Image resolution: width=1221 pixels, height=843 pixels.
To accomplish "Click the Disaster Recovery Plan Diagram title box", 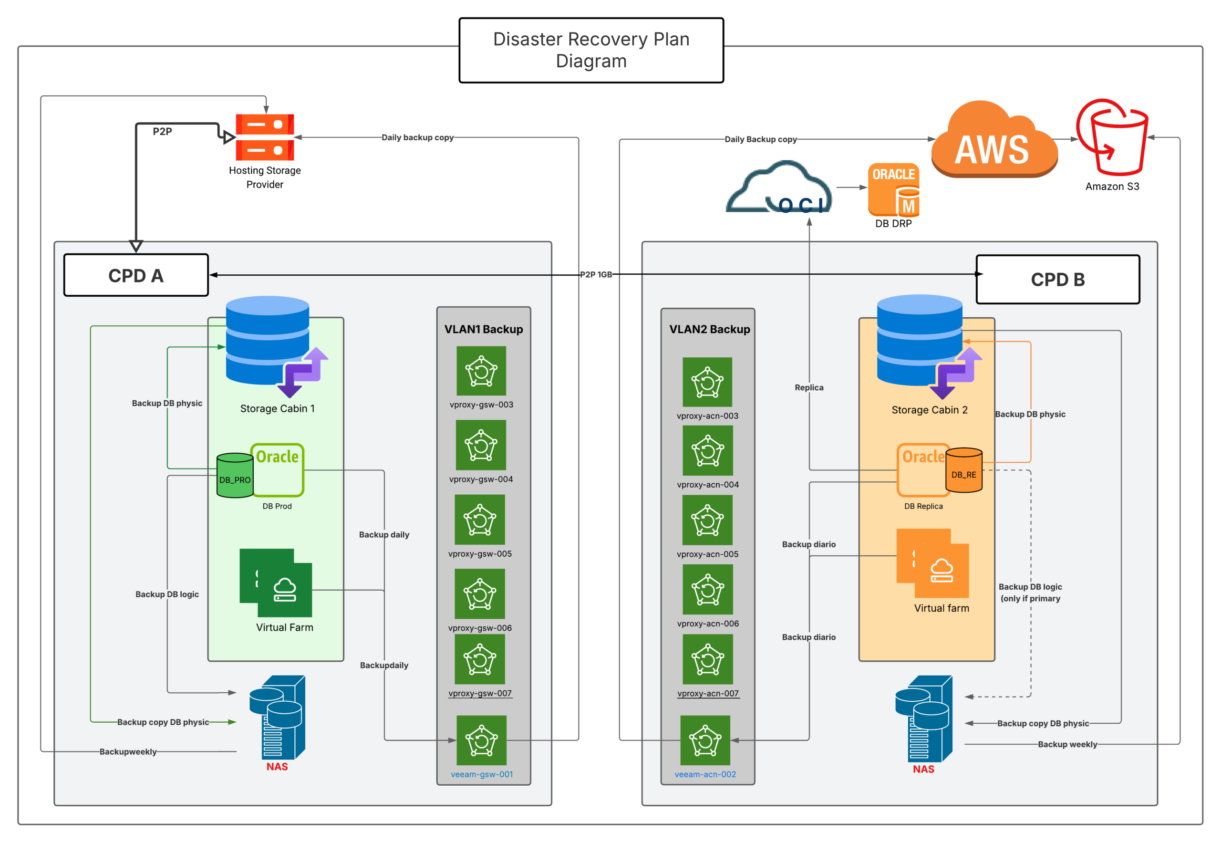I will [591, 50].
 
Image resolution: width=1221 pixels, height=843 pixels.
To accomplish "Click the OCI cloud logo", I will [779, 189].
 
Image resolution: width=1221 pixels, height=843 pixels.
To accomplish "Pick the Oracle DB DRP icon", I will [893, 190].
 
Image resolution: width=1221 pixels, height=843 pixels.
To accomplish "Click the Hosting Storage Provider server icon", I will [265, 137].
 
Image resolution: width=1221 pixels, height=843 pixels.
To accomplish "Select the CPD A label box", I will [136, 275].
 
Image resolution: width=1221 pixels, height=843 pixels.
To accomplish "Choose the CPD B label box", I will [1057, 280].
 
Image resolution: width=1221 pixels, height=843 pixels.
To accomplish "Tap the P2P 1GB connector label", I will [596, 275].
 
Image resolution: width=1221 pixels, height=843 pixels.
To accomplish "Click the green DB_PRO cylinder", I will [235, 476].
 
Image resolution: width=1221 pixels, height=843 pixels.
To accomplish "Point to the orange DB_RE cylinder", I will [964, 470].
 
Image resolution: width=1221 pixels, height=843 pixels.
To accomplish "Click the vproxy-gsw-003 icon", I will [481, 371].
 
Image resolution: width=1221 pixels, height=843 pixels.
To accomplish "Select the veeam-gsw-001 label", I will [482, 774].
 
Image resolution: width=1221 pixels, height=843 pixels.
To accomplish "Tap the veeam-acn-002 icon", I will [705, 740].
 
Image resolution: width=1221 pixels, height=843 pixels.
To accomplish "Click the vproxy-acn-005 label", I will [708, 554].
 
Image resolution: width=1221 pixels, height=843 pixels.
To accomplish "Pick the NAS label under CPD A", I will [277, 766].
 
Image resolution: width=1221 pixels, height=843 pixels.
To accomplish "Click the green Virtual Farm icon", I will [276, 583].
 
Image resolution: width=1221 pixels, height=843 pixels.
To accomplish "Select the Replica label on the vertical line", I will [808, 388].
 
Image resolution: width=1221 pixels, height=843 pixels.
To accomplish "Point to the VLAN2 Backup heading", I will [709, 330].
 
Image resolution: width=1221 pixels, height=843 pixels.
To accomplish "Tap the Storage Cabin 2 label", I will [930, 410].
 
